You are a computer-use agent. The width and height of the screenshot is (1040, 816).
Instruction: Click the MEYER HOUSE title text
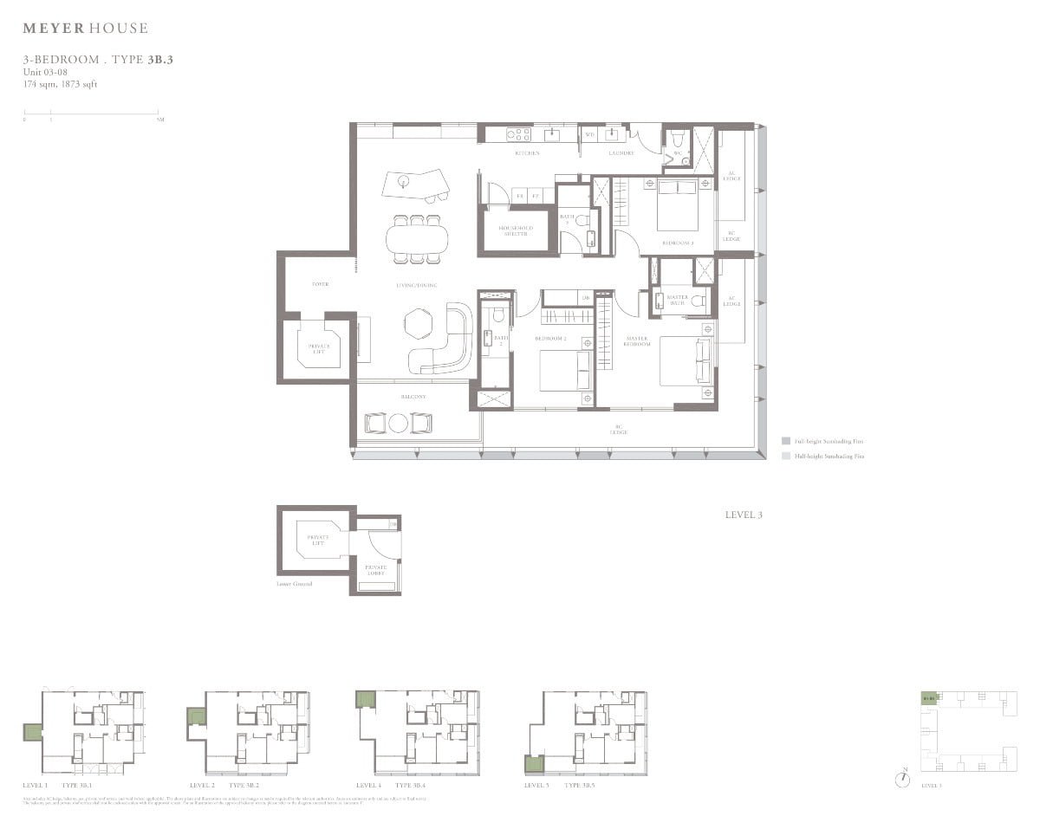click(x=85, y=29)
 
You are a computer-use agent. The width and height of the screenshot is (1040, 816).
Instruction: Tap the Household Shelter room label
click(x=516, y=230)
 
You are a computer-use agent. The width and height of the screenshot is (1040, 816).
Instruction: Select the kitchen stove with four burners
click(x=518, y=134)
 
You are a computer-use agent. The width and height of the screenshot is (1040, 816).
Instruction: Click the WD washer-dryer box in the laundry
click(x=589, y=134)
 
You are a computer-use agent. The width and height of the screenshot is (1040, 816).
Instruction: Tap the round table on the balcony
click(x=398, y=424)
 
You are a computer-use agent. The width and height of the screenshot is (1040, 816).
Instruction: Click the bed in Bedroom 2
click(x=565, y=368)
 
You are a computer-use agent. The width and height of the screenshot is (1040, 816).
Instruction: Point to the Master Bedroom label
click(x=636, y=341)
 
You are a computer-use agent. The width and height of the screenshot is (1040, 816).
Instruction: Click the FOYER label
click(x=320, y=284)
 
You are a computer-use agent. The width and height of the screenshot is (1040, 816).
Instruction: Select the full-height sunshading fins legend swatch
click(x=785, y=441)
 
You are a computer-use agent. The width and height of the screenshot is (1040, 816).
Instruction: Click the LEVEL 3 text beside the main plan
click(x=743, y=515)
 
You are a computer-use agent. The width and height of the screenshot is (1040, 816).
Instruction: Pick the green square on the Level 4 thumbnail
click(x=365, y=699)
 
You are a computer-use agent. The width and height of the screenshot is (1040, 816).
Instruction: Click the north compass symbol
click(x=904, y=778)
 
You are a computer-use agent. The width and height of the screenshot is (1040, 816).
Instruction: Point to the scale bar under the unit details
click(x=91, y=112)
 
